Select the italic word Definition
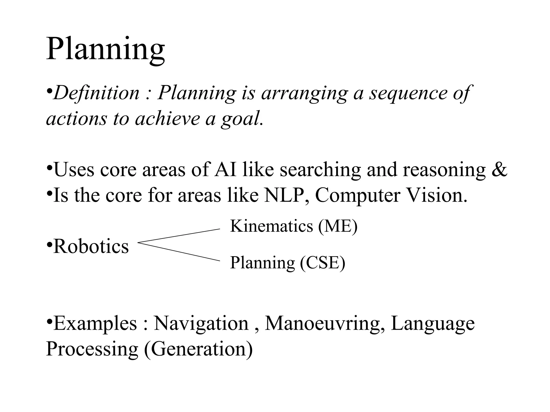tap(96, 93)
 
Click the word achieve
tap(167, 119)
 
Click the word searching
tap(320, 170)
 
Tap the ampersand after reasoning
tap(500, 170)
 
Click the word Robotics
tap(91, 246)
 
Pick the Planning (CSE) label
tap(288, 262)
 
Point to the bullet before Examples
tap(49, 321)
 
